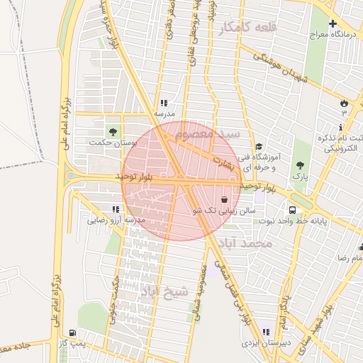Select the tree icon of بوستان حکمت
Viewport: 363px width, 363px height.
click(111, 130)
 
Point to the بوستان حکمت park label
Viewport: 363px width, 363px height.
click(111, 143)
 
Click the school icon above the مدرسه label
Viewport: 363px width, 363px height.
click(164, 103)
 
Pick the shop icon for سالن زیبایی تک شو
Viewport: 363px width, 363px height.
click(225, 199)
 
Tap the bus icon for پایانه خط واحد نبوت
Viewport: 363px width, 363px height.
click(292, 210)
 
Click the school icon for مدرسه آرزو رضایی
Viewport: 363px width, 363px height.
click(116, 210)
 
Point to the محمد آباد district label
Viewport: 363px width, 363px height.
click(245, 243)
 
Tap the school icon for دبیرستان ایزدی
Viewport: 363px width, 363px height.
click(266, 331)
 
